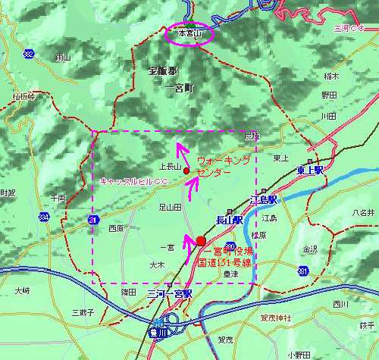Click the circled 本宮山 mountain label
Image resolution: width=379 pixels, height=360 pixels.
(x=191, y=34)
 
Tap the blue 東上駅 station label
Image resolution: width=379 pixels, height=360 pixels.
(x=310, y=171)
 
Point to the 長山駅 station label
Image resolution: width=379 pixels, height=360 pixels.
(x=228, y=221)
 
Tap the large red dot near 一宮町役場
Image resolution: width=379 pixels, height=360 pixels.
(x=200, y=241)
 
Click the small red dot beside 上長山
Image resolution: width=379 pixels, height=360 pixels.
(x=186, y=171)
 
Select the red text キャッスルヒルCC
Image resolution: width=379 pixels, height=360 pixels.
(x=133, y=181)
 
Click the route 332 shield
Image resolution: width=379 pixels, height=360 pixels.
(x=28, y=53)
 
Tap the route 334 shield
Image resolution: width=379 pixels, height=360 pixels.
(x=44, y=218)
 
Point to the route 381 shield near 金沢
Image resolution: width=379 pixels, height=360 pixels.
(x=303, y=271)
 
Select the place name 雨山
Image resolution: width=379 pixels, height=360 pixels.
(x=63, y=58)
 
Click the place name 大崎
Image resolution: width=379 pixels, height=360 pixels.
(x=22, y=290)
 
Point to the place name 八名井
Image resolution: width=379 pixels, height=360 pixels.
(x=363, y=213)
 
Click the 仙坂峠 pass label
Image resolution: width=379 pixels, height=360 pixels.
(x=23, y=96)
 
